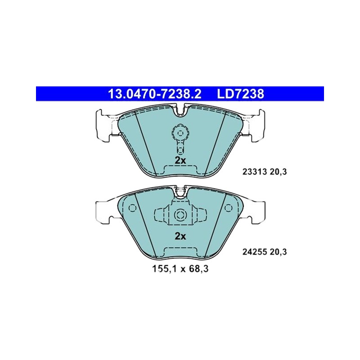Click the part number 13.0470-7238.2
(x=154, y=94)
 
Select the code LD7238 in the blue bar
(x=241, y=94)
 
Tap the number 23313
(x=255, y=172)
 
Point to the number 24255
(x=255, y=252)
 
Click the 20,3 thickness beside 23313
(x=279, y=172)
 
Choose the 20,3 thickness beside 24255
(x=279, y=252)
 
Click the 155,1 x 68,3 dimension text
(x=180, y=269)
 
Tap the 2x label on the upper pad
(x=180, y=161)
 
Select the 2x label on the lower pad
(x=180, y=236)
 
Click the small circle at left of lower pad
(x=132, y=208)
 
